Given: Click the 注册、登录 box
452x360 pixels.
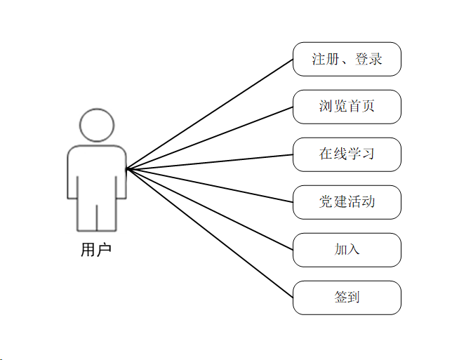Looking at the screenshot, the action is tap(347, 59).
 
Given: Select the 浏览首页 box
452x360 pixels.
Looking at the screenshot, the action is tap(347, 107).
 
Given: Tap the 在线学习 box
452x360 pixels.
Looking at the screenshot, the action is tap(347, 154).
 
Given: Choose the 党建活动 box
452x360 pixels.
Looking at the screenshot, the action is tap(347, 202).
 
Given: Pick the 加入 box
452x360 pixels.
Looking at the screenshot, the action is tap(347, 250).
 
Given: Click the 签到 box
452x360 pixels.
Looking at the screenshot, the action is tap(347, 298).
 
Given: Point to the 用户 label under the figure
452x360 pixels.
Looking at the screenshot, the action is tap(96, 250).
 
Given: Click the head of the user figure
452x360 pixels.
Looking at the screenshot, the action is tap(97, 126).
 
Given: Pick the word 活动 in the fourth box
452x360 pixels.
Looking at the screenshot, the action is tap(361, 202).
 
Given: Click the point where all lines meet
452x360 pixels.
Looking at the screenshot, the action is tap(126, 169).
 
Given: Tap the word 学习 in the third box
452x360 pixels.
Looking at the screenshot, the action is tap(361, 154).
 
